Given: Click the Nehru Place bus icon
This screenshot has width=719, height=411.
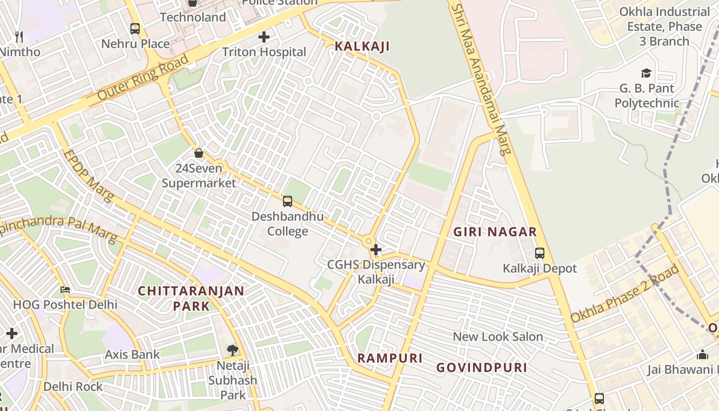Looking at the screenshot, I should point(135,29).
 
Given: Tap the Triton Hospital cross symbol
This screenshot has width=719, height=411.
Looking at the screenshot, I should point(264,37).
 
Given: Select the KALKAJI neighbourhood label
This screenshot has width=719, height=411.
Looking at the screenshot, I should point(362,46).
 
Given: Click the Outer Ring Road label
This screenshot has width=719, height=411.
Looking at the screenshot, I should point(142,78).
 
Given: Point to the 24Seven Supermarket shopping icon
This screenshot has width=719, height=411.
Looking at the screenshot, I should point(199,153).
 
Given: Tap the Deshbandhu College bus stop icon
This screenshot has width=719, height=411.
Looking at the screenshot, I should point(288,201).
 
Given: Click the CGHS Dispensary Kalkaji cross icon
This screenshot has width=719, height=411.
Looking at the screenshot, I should point(376,250).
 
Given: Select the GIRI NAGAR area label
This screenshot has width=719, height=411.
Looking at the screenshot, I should point(495,232).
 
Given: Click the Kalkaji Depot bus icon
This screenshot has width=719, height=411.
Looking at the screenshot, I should point(540,253).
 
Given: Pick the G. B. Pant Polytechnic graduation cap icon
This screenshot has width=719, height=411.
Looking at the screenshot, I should point(646,73).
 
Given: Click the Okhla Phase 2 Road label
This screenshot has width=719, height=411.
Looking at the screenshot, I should point(625,294).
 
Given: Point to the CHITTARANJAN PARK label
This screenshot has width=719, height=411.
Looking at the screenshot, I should point(191,298).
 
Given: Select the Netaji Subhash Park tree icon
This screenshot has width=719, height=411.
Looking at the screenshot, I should point(233,350).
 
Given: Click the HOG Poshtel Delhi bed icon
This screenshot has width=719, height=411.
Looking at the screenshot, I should point(65,290).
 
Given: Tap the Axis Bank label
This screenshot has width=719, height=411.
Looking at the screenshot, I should point(133,354).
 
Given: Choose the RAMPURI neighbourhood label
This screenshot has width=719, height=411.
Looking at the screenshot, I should point(390,358).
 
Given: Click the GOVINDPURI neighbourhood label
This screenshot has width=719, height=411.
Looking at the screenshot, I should point(481,368).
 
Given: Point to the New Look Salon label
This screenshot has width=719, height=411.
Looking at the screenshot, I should point(498,337).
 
